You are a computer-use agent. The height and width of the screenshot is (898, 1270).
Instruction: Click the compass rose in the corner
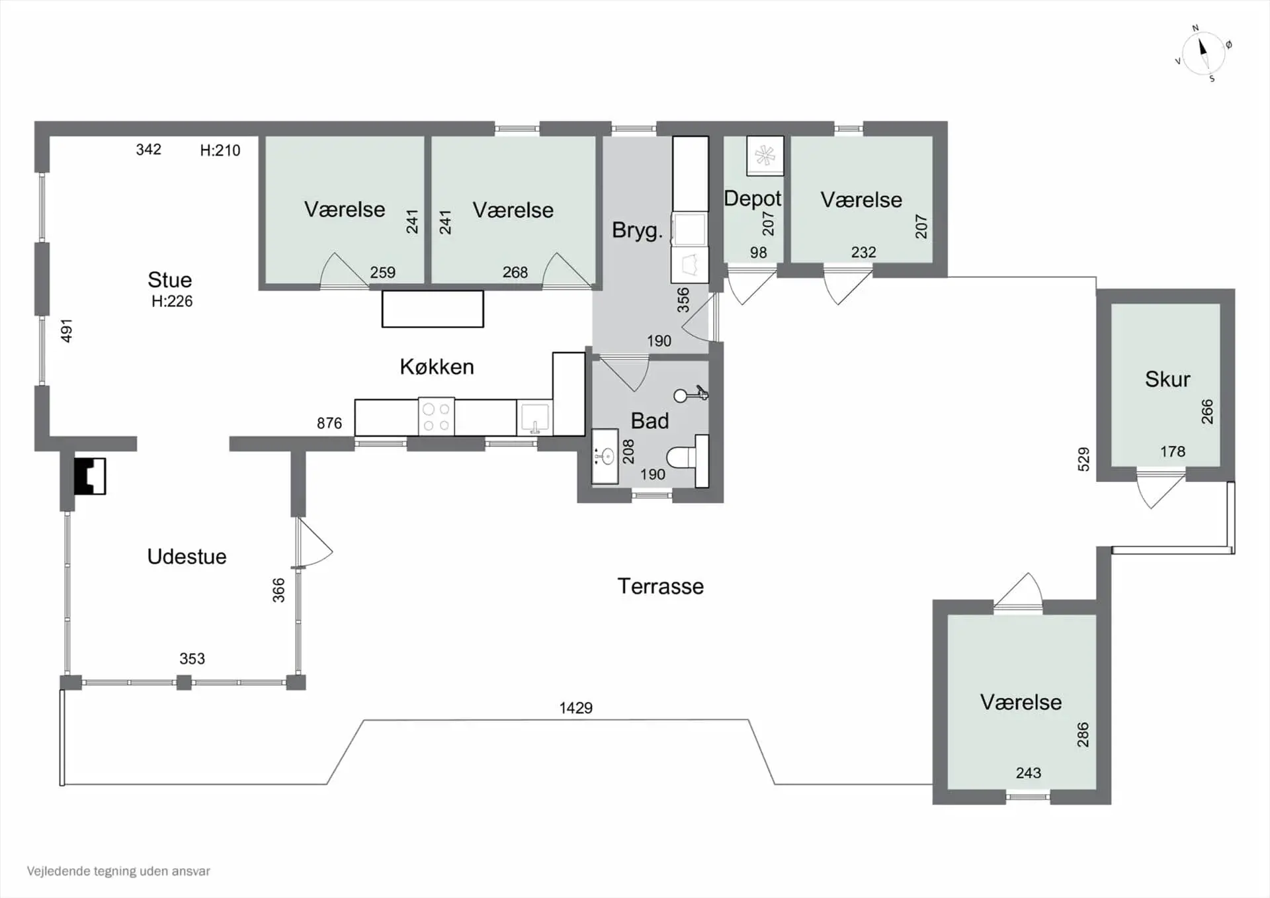1203,54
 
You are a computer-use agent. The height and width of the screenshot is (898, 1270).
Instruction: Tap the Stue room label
170,280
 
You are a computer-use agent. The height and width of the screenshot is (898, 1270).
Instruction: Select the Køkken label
437,367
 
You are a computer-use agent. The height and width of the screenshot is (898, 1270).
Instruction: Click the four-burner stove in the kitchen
437,416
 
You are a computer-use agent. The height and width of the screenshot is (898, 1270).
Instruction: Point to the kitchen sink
534,418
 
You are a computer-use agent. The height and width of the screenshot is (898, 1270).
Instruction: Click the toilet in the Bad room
688,457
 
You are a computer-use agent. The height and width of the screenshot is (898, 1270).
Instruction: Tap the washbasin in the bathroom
605,456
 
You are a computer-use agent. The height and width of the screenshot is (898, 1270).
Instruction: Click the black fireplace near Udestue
89,476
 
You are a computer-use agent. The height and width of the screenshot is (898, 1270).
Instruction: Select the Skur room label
1167,379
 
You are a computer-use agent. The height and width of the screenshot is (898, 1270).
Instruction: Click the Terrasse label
660,586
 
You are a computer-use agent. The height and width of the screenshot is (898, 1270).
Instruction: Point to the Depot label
753,199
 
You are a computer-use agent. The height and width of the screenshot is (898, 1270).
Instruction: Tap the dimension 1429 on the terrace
575,708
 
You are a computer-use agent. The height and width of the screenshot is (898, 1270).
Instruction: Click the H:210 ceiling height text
220,150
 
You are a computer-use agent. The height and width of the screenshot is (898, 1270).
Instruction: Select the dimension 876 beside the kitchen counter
329,423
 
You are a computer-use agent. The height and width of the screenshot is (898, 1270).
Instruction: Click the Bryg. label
637,230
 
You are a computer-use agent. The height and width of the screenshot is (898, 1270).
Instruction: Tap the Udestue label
187,557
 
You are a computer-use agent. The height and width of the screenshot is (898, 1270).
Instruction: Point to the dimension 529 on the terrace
1083,459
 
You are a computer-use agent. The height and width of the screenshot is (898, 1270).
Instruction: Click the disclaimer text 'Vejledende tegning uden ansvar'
118,872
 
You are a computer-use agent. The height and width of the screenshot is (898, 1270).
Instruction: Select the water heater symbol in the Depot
765,156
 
